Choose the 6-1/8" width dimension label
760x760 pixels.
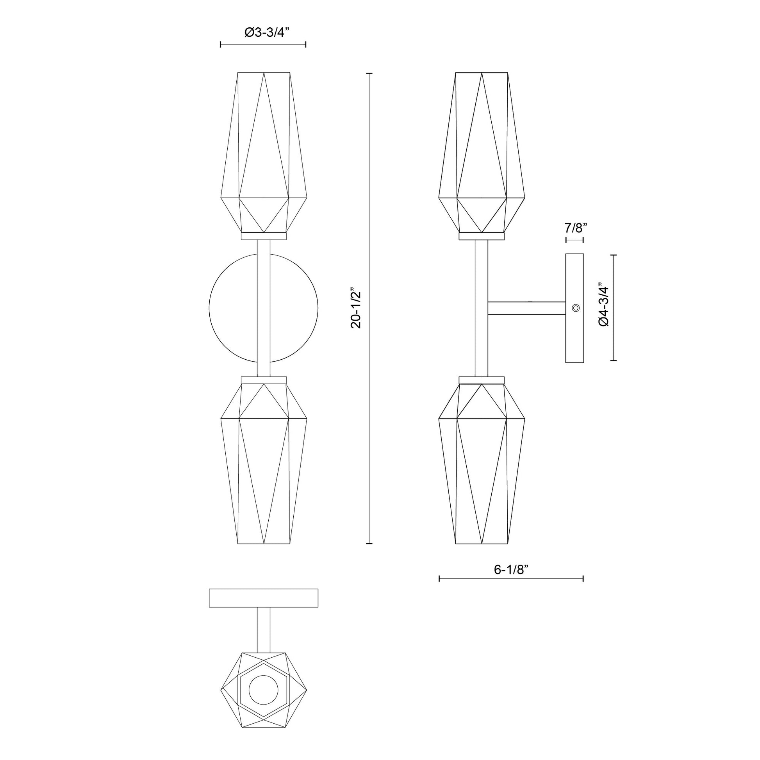510,569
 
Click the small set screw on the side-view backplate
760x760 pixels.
576,308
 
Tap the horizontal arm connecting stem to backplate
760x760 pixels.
527,308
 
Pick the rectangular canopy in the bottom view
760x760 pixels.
264,598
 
